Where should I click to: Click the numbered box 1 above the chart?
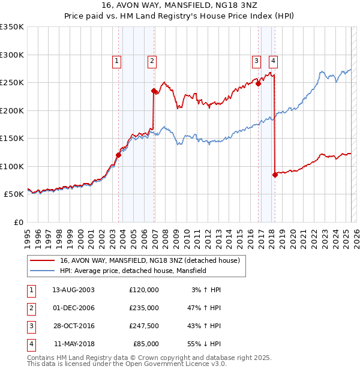[116, 60]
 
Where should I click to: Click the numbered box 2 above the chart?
[152, 60]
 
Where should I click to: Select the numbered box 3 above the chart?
[256, 60]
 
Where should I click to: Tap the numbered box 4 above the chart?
[273, 60]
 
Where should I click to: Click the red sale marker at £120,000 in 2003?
[118, 155]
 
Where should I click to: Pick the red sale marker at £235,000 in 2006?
[154, 91]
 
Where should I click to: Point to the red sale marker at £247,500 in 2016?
[259, 84]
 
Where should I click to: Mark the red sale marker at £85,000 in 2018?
[275, 175]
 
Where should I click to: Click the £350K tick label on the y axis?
[12, 27]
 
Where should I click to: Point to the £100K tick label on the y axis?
[12, 166]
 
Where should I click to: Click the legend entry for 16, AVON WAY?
[149, 260]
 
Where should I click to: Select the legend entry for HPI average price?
[133, 271]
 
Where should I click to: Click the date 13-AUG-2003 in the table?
[73, 290]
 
